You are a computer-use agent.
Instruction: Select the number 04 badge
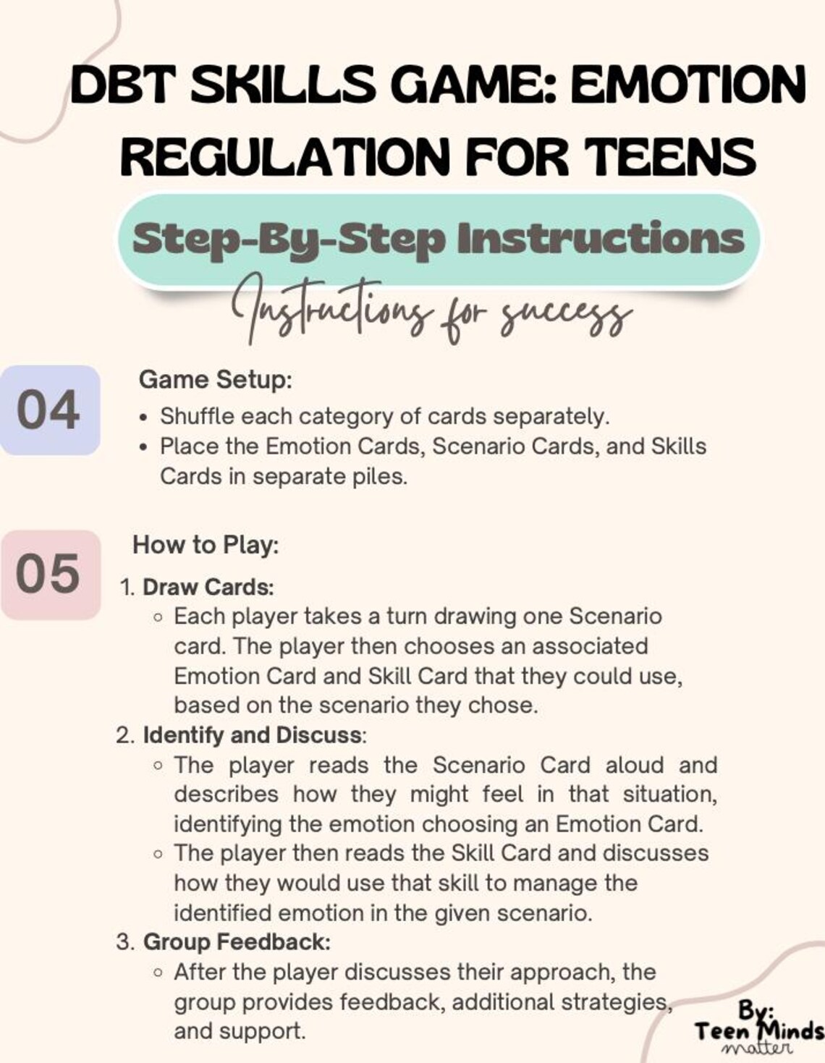click(x=48, y=410)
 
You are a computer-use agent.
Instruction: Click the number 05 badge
click(x=48, y=575)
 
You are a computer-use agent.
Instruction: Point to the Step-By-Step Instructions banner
click(x=439, y=240)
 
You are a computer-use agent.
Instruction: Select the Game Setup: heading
click(x=215, y=379)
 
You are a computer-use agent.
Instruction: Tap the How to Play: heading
click(x=206, y=545)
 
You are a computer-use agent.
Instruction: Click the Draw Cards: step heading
click(x=208, y=587)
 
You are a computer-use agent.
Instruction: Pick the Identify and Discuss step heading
click(x=253, y=735)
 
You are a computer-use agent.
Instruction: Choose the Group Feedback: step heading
click(x=237, y=942)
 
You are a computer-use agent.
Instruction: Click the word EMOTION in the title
click(x=687, y=85)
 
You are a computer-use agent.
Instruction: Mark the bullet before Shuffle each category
click(x=145, y=418)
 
